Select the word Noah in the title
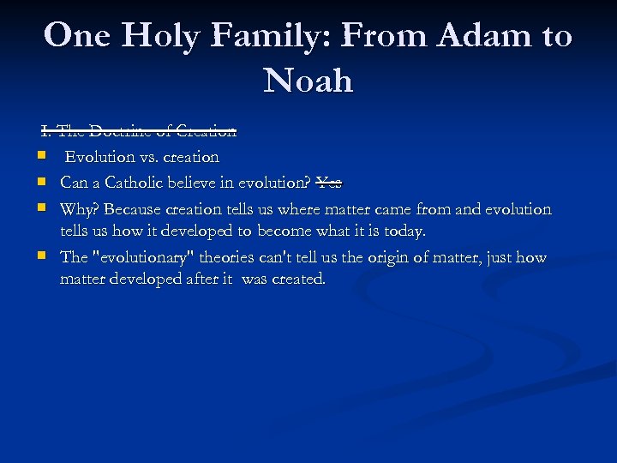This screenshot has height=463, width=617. (x=308, y=81)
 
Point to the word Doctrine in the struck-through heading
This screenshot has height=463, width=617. (x=121, y=131)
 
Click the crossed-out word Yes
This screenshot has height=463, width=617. (x=329, y=183)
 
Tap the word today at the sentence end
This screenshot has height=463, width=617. (x=404, y=231)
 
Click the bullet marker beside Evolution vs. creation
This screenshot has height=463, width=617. (x=41, y=157)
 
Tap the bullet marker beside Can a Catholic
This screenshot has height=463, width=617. (x=41, y=183)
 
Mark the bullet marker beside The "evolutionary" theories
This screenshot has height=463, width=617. (x=41, y=257)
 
